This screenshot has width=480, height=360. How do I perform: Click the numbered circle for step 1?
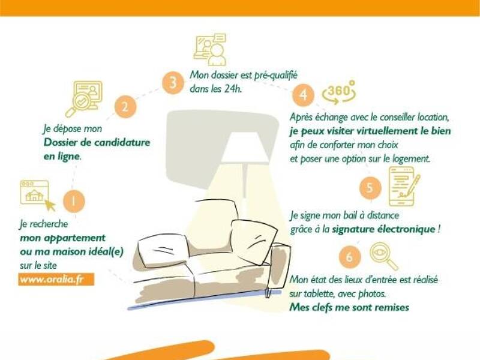pyautogui.click(x=74, y=201)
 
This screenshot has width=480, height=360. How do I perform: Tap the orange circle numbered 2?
pyautogui.click(x=125, y=107)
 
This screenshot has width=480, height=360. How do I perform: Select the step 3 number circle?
pyautogui.click(x=173, y=83)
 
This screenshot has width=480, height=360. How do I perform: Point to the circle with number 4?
pyautogui.click(x=303, y=95)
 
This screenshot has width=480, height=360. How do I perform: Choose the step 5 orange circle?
pyautogui.click(x=370, y=187)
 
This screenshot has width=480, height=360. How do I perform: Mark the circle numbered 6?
pyautogui.click(x=350, y=257)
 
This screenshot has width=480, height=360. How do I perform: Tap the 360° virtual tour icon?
pyautogui.click(x=339, y=92)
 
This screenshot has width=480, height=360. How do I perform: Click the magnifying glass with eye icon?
pyautogui.click(x=384, y=257)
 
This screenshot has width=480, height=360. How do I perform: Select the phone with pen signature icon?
pyautogui.click(x=404, y=186)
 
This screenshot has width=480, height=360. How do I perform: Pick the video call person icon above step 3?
pyautogui.click(x=210, y=49)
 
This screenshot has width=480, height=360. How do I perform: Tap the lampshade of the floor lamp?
pyautogui.click(x=244, y=147)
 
